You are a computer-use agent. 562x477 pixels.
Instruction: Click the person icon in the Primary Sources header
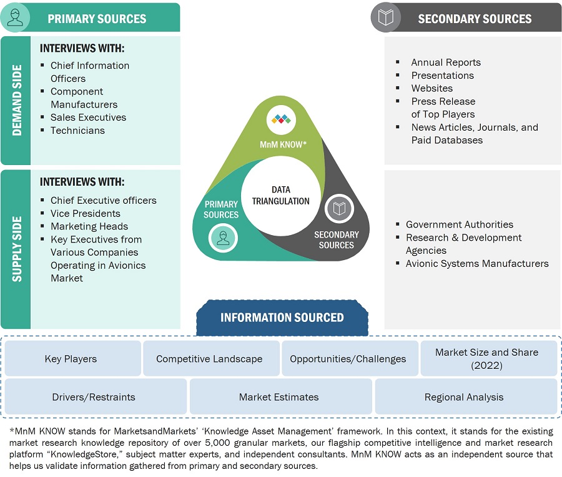coord(16,18)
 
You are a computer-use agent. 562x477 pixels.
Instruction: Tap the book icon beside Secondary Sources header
coord(386,18)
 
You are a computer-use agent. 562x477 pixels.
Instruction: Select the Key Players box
coord(71,359)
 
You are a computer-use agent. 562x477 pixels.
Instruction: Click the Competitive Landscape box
coord(209,359)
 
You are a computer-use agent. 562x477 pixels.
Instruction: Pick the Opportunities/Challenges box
coord(348,359)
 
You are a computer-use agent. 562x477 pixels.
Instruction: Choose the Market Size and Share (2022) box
coord(486,358)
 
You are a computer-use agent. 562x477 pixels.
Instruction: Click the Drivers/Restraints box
coord(94,397)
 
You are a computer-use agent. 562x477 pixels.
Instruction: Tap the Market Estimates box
coord(279,397)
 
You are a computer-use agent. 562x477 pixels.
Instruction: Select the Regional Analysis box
coord(464,397)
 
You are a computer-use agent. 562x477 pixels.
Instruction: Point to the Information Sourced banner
coord(282,318)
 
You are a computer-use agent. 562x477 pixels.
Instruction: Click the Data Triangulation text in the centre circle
coord(281,195)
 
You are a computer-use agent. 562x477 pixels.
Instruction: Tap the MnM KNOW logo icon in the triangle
coord(281,119)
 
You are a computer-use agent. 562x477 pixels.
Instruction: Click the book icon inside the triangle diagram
coord(339,209)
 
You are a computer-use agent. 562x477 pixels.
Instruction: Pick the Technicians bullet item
coord(77,131)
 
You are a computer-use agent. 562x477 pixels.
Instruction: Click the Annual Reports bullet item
coord(445,63)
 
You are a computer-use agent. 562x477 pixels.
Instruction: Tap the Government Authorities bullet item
coord(459,224)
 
